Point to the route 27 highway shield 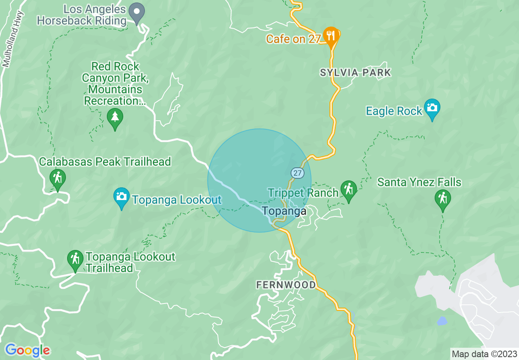pos(298,173)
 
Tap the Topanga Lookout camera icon pos(121,197)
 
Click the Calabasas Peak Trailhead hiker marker pos(58,178)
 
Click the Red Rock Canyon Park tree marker pos(115,118)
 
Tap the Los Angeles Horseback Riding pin pos(136,12)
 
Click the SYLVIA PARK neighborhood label pos(355,73)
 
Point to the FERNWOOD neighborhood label pos(286,285)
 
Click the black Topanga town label pos(284,211)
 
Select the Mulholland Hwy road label pos(13,39)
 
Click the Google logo pos(27,350)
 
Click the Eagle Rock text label pos(394,111)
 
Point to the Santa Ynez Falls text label pos(419,182)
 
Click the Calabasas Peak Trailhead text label pos(105,162)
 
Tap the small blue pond pos(442,321)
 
